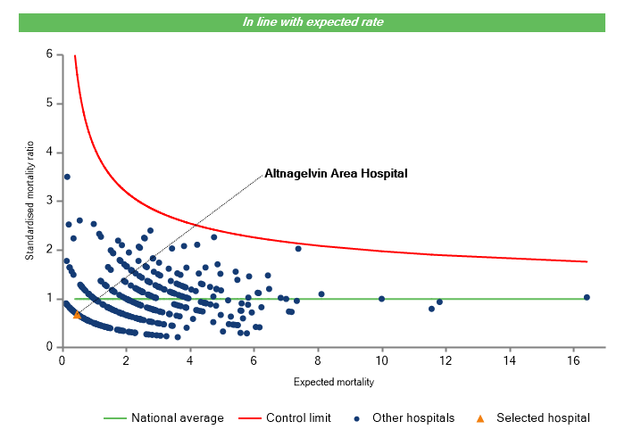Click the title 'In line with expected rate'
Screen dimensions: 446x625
point(312,21)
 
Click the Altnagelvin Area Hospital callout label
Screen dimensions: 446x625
point(336,174)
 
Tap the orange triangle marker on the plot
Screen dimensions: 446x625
point(78,314)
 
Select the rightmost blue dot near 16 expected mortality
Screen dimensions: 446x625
point(587,297)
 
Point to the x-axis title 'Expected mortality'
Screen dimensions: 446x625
point(333,383)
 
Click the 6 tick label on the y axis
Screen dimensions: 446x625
point(49,54)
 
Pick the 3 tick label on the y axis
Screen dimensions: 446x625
point(49,201)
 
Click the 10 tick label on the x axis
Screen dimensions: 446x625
point(381,360)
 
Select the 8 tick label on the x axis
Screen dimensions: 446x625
point(318,360)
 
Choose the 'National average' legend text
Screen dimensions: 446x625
point(177,417)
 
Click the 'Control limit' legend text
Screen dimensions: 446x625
point(298,417)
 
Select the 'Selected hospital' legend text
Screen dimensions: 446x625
point(543,417)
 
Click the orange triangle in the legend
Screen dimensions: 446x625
point(479,417)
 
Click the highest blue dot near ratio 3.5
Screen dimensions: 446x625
point(67,177)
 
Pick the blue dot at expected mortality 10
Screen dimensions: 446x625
point(382,299)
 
